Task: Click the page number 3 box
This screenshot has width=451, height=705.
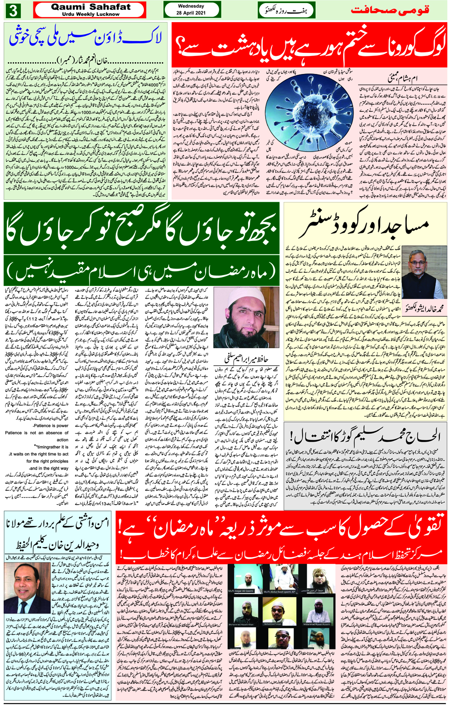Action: (x=13, y=10)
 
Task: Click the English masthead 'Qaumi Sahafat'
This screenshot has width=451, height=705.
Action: (x=91, y=7)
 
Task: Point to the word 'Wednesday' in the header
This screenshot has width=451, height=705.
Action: (x=191, y=6)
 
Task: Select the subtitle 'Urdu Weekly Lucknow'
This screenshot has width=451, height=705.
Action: (x=91, y=14)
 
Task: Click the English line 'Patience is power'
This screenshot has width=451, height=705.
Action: (x=51, y=425)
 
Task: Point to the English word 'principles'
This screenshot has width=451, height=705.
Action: (x=60, y=461)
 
